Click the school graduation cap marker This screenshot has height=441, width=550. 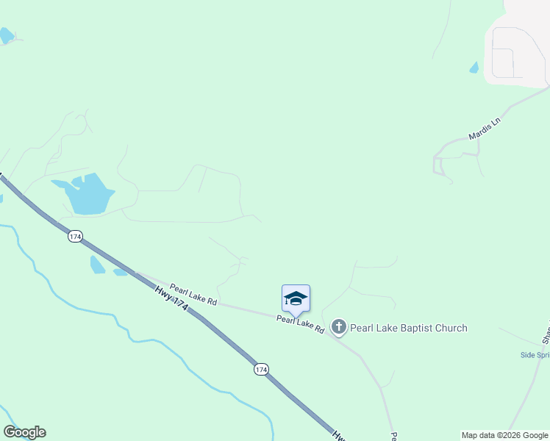pyautogui.click(x=296, y=298)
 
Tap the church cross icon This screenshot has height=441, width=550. pyautogui.click(x=339, y=327)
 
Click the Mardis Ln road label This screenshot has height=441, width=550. pyautogui.click(x=484, y=127)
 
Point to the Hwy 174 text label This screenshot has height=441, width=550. pyautogui.click(x=171, y=301)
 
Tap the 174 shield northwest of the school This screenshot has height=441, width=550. pyautogui.click(x=75, y=236)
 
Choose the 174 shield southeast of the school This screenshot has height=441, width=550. pyautogui.click(x=261, y=369)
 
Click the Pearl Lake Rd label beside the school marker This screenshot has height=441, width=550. pyautogui.click(x=301, y=324)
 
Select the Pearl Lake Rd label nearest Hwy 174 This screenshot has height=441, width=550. pyautogui.click(x=193, y=295)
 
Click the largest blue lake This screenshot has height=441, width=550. pyautogui.click(x=89, y=194)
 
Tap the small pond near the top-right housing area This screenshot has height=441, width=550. pyautogui.click(x=474, y=68)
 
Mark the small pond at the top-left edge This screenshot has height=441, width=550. pyautogui.click(x=6, y=35)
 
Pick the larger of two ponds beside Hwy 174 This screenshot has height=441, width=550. pyautogui.click(x=97, y=265)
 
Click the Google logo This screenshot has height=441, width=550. pyautogui.click(x=24, y=432)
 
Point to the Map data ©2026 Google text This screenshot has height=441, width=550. pyautogui.click(x=504, y=435)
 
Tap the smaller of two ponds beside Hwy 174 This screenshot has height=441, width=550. pyautogui.click(x=120, y=273)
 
